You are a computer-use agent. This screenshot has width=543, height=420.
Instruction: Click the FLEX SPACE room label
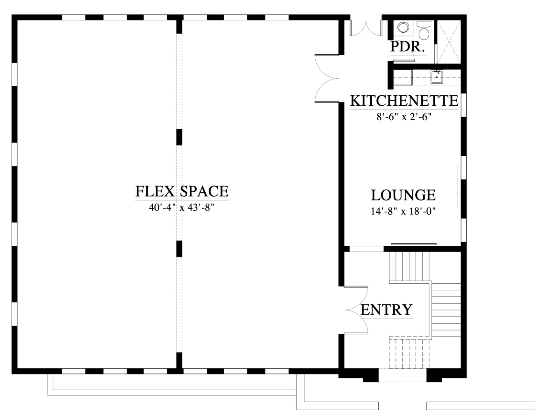(x=182, y=191)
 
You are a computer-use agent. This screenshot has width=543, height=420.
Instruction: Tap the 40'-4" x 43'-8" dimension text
(x=182, y=207)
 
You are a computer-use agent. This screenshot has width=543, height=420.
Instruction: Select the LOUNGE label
(x=403, y=195)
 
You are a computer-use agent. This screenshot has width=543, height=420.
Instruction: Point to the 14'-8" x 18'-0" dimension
(x=403, y=211)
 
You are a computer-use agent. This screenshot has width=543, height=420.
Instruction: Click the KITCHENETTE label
(x=404, y=101)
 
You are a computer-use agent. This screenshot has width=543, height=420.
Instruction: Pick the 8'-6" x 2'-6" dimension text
(x=404, y=117)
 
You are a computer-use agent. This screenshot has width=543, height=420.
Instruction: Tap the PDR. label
(x=408, y=47)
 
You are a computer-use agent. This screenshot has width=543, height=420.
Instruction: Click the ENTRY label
(x=386, y=310)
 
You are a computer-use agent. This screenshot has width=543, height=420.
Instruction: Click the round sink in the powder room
(x=403, y=27)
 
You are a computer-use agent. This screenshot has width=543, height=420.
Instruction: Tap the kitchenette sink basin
(x=436, y=77)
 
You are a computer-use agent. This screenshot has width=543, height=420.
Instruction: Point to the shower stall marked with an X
(x=449, y=41)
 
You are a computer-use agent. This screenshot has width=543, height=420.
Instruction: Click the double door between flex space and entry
(x=356, y=310)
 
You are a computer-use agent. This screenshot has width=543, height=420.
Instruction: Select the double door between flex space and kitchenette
(x=327, y=78)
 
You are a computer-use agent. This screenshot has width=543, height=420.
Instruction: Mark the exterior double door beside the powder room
(x=366, y=28)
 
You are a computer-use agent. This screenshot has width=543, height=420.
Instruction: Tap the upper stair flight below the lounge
(x=409, y=267)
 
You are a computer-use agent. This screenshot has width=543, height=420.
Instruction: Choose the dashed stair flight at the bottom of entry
(x=409, y=354)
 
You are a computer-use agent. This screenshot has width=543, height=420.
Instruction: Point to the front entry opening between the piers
(x=402, y=375)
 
